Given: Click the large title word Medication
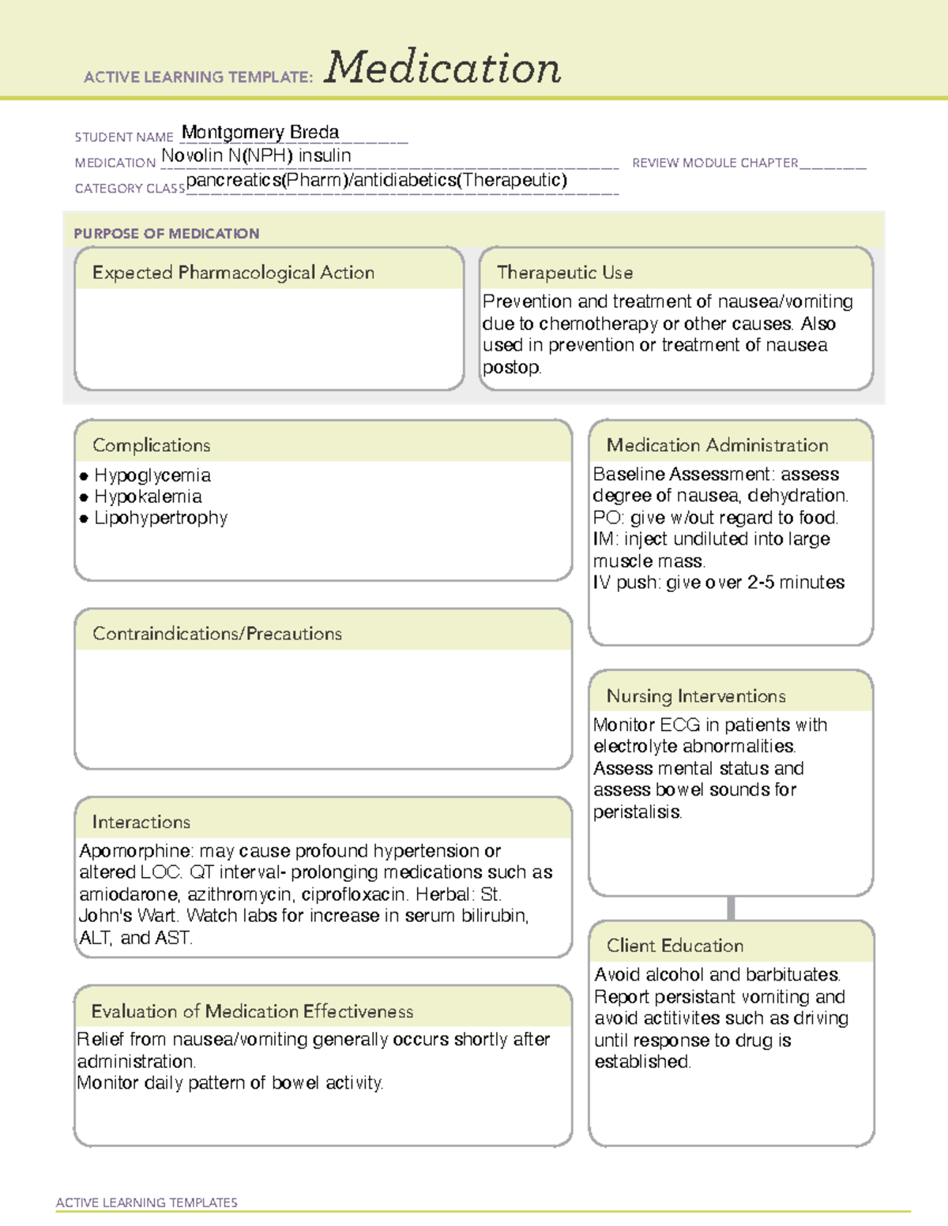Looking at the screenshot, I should click(442, 68).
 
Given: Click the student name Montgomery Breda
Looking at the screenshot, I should click(260, 132).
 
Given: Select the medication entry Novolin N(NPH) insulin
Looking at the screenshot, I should click(256, 156).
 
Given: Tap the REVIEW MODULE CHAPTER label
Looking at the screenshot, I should click(715, 163).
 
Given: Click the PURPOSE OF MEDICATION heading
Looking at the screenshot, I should click(166, 234).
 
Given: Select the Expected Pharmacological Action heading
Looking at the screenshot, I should click(233, 272).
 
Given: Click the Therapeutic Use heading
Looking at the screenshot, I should click(564, 272).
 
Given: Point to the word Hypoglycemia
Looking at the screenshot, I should click(152, 475).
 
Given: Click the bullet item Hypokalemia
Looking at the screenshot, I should click(148, 497).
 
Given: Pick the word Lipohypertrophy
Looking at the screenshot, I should click(160, 518).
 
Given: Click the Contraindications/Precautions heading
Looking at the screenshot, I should click(216, 633).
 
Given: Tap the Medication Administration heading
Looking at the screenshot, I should click(717, 445).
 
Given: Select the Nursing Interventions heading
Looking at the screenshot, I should click(695, 696).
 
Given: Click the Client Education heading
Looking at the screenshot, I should click(675, 946).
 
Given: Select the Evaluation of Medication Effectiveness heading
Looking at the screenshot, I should click(252, 1011).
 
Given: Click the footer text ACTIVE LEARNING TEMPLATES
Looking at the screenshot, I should click(146, 1202).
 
